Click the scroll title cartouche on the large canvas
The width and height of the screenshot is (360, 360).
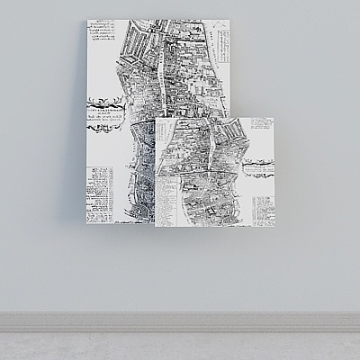click(108, 112)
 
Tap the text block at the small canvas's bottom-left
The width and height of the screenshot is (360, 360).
click(166, 203)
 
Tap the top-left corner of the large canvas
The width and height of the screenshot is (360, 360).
click(87, 20)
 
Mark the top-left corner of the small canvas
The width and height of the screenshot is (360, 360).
click(155, 116)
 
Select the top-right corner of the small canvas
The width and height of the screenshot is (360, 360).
click(275, 116)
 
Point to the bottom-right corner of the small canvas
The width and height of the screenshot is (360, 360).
click(275, 227)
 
